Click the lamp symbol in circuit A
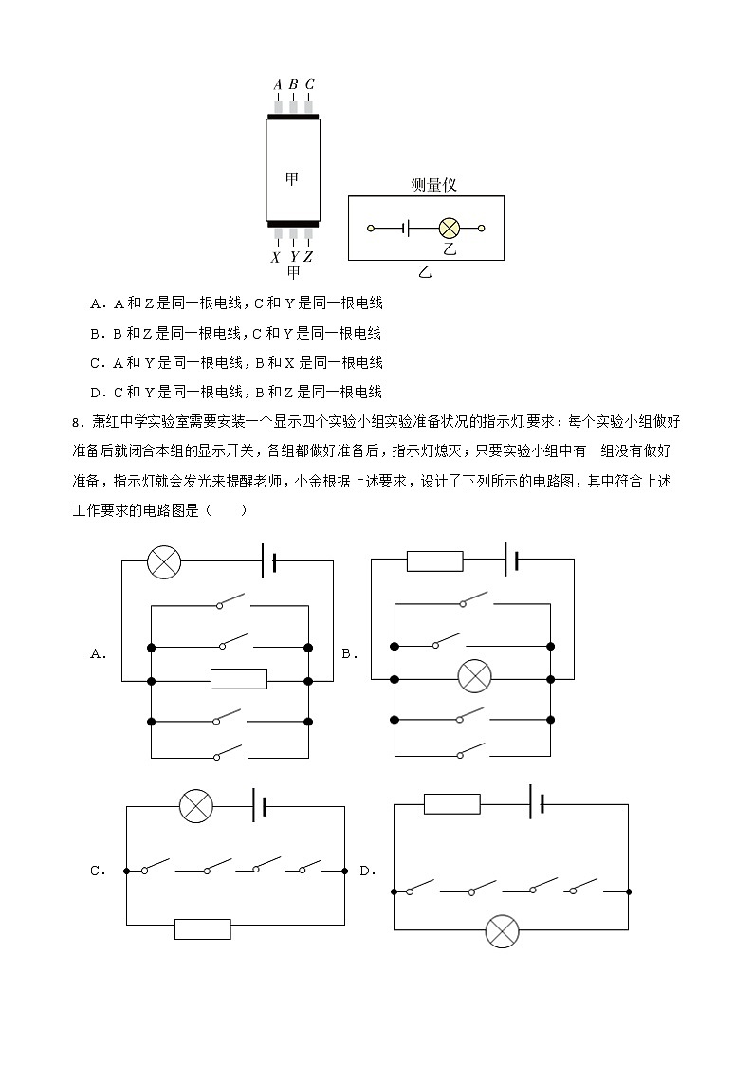(x=164, y=560)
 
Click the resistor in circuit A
(x=238, y=679)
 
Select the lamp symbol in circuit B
(x=473, y=677)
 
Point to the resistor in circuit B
(x=434, y=560)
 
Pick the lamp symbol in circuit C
(x=196, y=807)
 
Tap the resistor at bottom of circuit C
(x=202, y=928)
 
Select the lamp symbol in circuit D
(x=502, y=930)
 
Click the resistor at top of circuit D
(x=451, y=804)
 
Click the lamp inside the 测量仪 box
(x=449, y=229)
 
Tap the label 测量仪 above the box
(x=433, y=185)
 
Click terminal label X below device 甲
(x=276, y=256)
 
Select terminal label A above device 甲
(x=278, y=84)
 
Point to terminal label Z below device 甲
(x=308, y=256)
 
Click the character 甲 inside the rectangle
(x=293, y=176)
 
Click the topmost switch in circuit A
(x=231, y=604)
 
